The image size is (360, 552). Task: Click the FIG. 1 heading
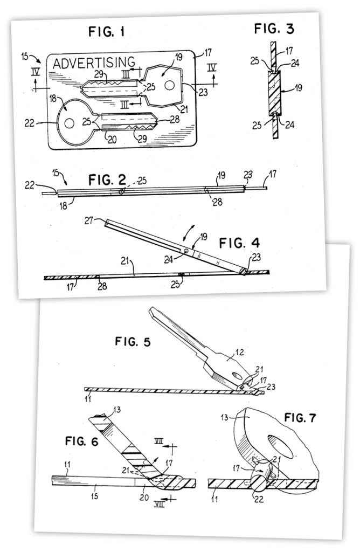tap(106, 32)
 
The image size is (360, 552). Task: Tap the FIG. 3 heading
tap(274, 29)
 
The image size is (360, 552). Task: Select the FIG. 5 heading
tap(133, 341)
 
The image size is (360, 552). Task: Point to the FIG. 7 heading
tap(300, 418)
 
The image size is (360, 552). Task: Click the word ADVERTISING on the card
tap(94, 63)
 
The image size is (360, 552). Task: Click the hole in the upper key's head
tap(169, 85)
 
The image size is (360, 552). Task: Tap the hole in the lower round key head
tap(70, 123)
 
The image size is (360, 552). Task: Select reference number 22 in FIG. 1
tap(30, 123)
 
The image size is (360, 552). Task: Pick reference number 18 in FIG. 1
tap(53, 98)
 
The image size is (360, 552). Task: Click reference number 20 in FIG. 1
tap(112, 140)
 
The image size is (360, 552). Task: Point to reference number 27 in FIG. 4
tap(89, 220)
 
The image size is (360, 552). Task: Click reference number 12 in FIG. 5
tap(239, 351)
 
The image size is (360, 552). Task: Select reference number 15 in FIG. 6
tap(94, 496)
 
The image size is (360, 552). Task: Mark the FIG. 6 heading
tap(81, 441)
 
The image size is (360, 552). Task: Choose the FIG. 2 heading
tap(107, 180)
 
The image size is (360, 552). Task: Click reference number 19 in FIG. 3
tap(299, 87)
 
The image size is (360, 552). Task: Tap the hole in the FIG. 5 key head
tap(238, 376)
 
